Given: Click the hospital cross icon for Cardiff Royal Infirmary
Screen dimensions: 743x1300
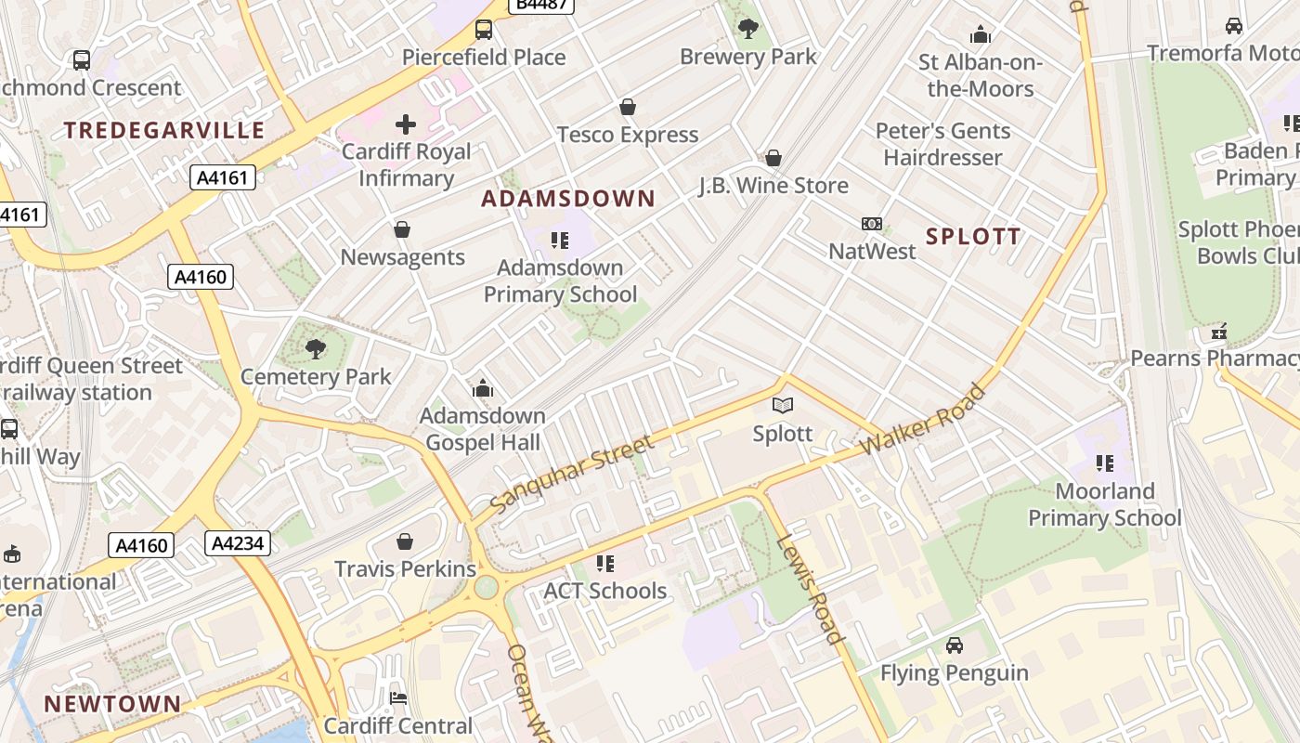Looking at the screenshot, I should coord(406,124).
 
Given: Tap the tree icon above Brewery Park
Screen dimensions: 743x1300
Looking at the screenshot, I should coord(747,29).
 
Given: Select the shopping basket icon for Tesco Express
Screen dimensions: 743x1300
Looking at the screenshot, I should coord(628,107).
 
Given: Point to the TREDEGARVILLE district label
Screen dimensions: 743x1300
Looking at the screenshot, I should coord(164,130).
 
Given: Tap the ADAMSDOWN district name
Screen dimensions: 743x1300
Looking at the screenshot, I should coord(568,199).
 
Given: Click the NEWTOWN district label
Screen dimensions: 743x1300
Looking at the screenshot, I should coord(112,704).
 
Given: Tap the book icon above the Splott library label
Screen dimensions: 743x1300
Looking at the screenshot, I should coord(783,405).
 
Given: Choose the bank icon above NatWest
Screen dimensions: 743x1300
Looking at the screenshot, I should coord(871,224).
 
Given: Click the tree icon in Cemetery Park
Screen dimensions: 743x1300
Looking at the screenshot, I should coord(316,349).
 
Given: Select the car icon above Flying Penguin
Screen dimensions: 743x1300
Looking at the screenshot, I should coord(954,645).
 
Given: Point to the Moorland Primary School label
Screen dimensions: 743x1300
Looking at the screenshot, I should coord(1104,504).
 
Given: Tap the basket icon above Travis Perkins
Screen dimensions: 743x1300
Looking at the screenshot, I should coord(405,541).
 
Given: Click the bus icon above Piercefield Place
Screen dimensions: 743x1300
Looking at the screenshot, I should coord(484,30).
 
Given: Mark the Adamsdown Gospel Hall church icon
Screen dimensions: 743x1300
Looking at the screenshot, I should coord(482,387).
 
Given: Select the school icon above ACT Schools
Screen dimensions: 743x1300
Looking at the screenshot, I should coord(605,563).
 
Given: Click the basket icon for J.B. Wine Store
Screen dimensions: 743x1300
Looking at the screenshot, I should coord(773,158).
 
